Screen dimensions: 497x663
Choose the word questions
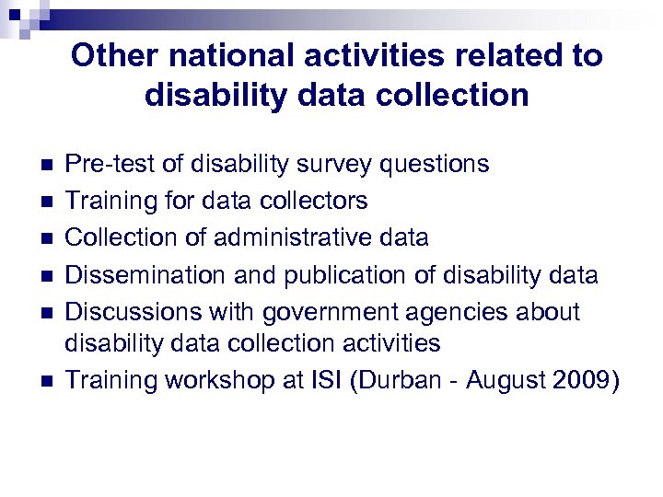coord(434,164)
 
